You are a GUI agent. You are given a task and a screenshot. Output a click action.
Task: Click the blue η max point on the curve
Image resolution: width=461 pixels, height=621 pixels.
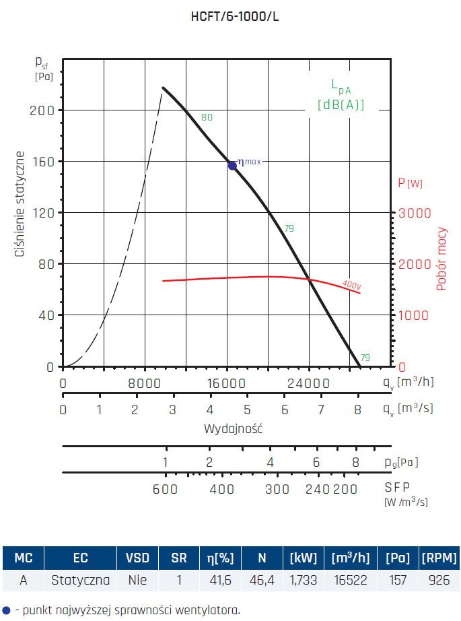[232, 165]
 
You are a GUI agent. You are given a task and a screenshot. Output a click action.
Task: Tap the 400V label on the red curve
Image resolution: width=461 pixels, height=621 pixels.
[351, 286]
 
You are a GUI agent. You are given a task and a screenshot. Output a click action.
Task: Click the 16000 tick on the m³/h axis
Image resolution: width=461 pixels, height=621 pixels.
[226, 383]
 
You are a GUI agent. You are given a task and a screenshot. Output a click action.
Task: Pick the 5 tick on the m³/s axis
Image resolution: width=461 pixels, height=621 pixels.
[247, 410]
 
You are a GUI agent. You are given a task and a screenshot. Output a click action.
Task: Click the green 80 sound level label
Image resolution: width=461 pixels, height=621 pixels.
[207, 117]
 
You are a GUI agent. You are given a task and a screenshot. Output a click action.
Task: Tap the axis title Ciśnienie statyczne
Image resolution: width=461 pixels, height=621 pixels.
[21, 205]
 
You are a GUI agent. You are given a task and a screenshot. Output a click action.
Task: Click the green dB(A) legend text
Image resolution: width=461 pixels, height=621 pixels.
[341, 104]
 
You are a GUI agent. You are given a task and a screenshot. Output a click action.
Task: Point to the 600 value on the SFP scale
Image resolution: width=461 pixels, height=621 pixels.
[165, 489]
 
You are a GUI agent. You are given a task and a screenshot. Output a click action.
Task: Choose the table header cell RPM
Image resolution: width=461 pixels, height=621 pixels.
[438, 558]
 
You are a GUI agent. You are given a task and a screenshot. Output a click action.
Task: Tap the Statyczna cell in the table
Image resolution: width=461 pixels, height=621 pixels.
[80, 579]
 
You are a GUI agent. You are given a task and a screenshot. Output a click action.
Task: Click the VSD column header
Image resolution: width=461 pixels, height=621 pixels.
[138, 558]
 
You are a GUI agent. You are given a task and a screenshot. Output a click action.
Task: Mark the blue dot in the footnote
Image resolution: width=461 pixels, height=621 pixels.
[6, 610]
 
